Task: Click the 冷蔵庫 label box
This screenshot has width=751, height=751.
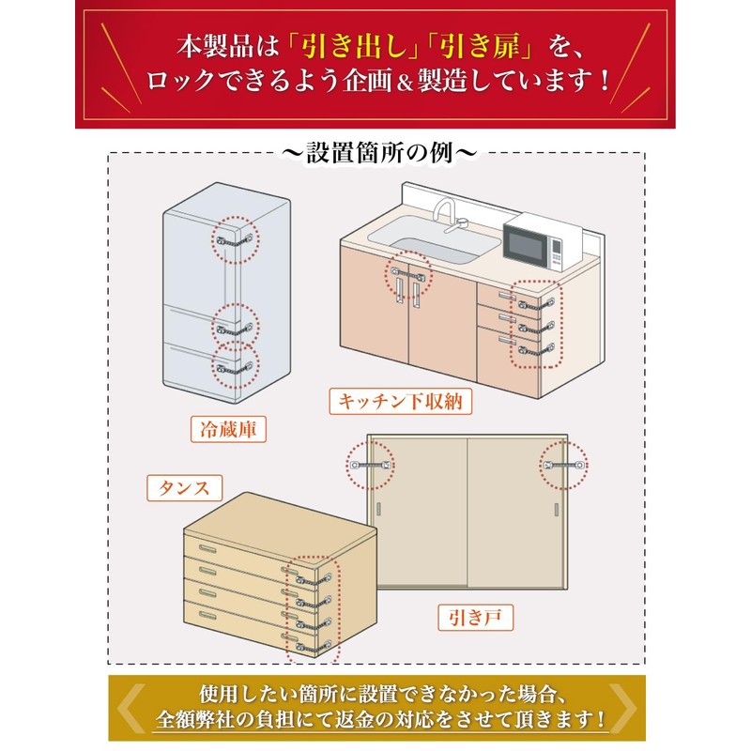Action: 228,429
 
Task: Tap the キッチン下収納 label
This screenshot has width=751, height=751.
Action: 401,401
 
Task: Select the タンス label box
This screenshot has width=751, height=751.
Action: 184,488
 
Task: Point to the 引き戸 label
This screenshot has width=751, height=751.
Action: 475,618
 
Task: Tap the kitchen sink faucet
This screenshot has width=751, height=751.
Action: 449,216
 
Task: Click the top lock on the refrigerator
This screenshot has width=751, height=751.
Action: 235,240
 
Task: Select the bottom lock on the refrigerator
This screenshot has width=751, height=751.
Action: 235,368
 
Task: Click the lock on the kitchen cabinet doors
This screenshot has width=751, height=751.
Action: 408,274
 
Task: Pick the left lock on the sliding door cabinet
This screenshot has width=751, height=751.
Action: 371,465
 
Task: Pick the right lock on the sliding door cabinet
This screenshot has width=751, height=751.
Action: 565,465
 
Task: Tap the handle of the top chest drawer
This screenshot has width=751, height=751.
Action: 207,548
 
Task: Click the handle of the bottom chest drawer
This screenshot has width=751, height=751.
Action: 207,615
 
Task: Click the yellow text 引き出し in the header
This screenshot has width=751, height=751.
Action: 355,47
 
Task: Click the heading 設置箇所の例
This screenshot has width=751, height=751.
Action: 379,153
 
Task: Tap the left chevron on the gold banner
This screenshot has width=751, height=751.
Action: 130,708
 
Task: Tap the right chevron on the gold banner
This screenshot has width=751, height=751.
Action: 622,708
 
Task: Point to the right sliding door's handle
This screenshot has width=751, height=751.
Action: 557,510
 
